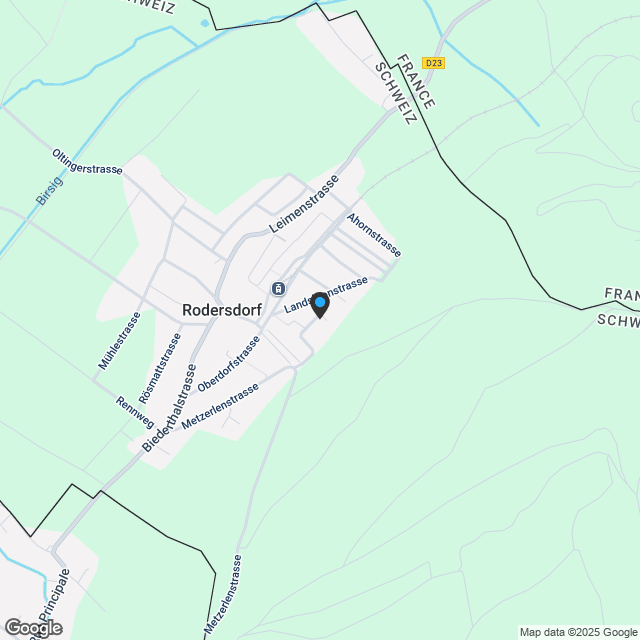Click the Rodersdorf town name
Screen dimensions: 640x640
tap(222, 310)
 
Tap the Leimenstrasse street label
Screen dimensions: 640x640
tap(304, 205)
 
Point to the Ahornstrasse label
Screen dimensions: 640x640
tap(374, 234)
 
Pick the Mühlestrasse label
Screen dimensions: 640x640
tap(118, 342)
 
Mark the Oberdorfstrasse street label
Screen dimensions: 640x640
tap(229, 363)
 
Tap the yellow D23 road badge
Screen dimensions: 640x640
tap(433, 62)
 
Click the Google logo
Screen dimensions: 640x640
tap(33, 627)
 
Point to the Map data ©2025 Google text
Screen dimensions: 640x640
tap(578, 632)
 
